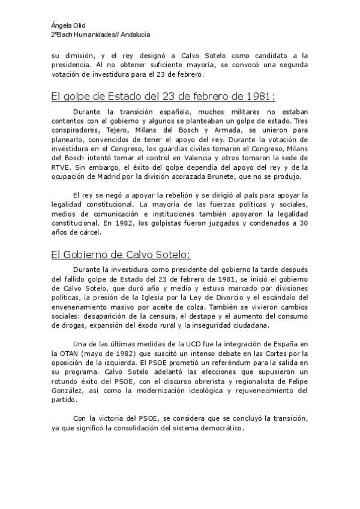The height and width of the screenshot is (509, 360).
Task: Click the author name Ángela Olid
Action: (68, 25)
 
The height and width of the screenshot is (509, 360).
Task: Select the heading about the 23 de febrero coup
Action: (163, 96)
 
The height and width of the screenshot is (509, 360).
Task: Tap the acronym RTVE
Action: (61, 169)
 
